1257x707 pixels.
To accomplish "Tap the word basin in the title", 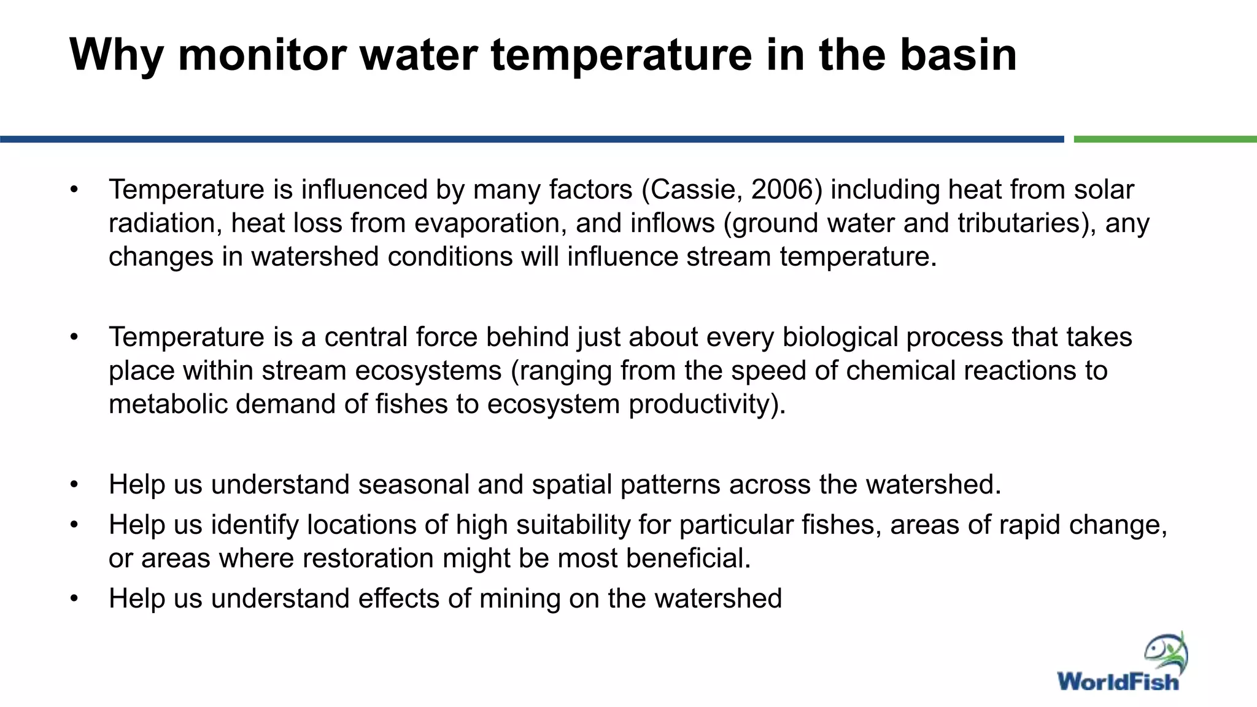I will point(958,55).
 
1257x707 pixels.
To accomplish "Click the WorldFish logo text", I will point(1118,682).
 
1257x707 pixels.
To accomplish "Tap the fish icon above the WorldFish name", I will point(1166,653).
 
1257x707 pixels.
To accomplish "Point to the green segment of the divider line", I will point(1165,139).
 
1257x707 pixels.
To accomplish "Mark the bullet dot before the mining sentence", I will point(74,599).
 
